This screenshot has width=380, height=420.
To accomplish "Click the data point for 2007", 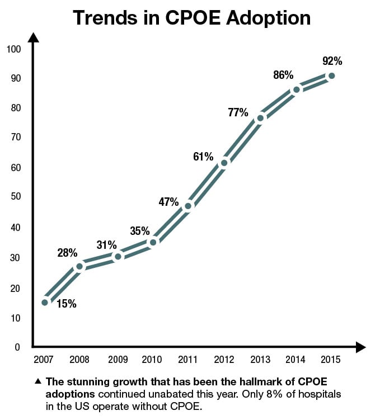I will [45, 302].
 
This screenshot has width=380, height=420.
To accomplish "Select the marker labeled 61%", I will [224, 163].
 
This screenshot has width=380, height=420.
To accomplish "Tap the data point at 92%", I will [331, 75].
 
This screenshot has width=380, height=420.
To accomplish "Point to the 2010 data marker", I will [152, 242].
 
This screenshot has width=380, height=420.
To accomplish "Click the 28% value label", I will [67, 252].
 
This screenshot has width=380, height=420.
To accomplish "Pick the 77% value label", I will [238, 112].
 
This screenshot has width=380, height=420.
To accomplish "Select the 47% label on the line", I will [168, 202].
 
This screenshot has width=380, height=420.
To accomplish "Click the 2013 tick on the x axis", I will [260, 358].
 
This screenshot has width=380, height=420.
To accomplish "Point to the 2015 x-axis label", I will [331, 358].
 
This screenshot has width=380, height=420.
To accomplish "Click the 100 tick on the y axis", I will [13, 49].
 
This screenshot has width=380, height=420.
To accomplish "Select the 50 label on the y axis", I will [15, 197].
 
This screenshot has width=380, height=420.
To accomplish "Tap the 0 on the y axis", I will [17, 347].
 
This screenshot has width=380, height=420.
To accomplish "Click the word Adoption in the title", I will [265, 17].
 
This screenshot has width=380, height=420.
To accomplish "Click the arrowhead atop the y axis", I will [33, 39].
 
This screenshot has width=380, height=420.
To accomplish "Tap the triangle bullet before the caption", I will [37, 382].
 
